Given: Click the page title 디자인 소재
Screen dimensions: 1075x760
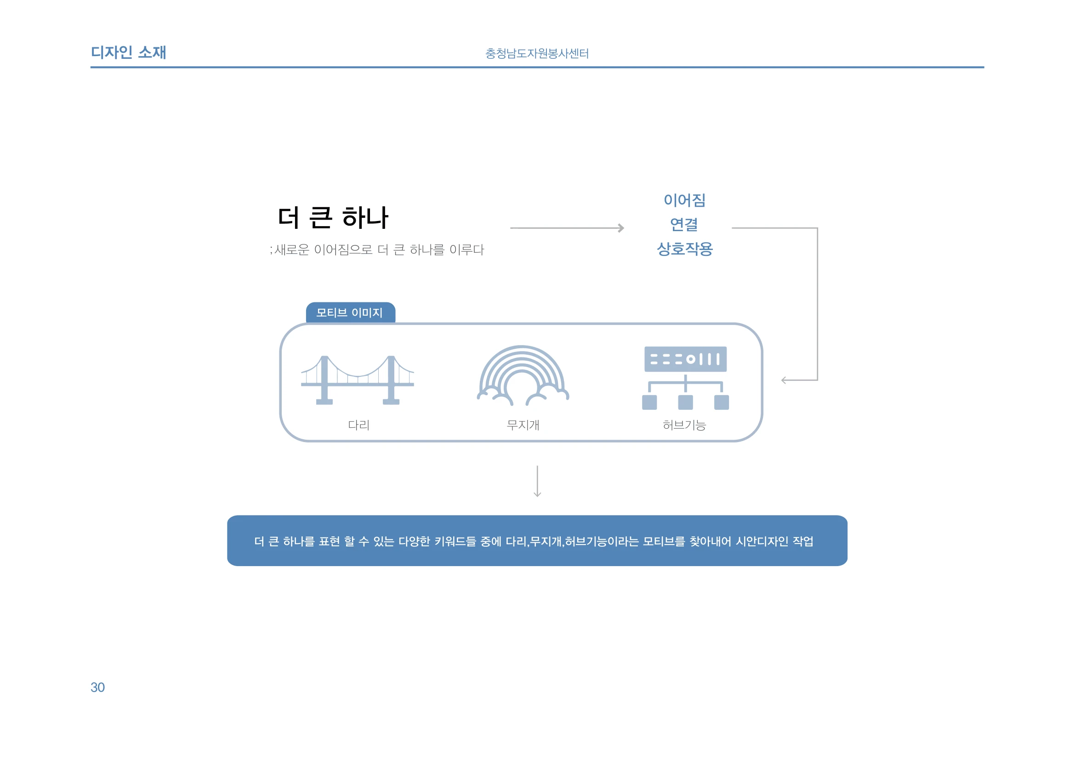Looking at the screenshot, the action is click(128, 52).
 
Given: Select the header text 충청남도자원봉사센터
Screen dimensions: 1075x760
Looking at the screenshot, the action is click(537, 53).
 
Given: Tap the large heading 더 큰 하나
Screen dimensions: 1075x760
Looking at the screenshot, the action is click(333, 218).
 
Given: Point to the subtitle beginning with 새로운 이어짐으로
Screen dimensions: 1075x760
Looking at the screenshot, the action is click(377, 250).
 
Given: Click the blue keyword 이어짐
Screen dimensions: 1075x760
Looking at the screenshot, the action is click(684, 200).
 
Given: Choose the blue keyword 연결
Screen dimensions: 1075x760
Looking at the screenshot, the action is click(684, 225).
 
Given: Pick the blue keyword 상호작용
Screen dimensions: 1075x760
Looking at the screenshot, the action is click(684, 249).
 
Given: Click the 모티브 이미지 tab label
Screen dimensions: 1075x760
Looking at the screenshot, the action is click(350, 312).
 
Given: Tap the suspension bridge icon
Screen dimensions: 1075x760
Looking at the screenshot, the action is click(357, 380).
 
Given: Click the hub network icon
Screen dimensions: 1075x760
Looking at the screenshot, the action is click(685, 378).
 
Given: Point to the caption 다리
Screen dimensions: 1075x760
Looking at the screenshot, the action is click(359, 425).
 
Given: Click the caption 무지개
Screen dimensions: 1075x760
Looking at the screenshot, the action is click(523, 425).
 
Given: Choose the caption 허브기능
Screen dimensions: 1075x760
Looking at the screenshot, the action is click(684, 425).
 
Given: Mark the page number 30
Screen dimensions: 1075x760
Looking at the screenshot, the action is click(97, 687).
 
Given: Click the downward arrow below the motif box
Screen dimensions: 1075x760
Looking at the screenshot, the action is click(538, 481).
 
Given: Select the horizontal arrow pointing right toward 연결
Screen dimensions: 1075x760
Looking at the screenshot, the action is click(567, 228).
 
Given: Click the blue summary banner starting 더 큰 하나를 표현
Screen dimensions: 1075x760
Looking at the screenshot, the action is click(537, 540).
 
